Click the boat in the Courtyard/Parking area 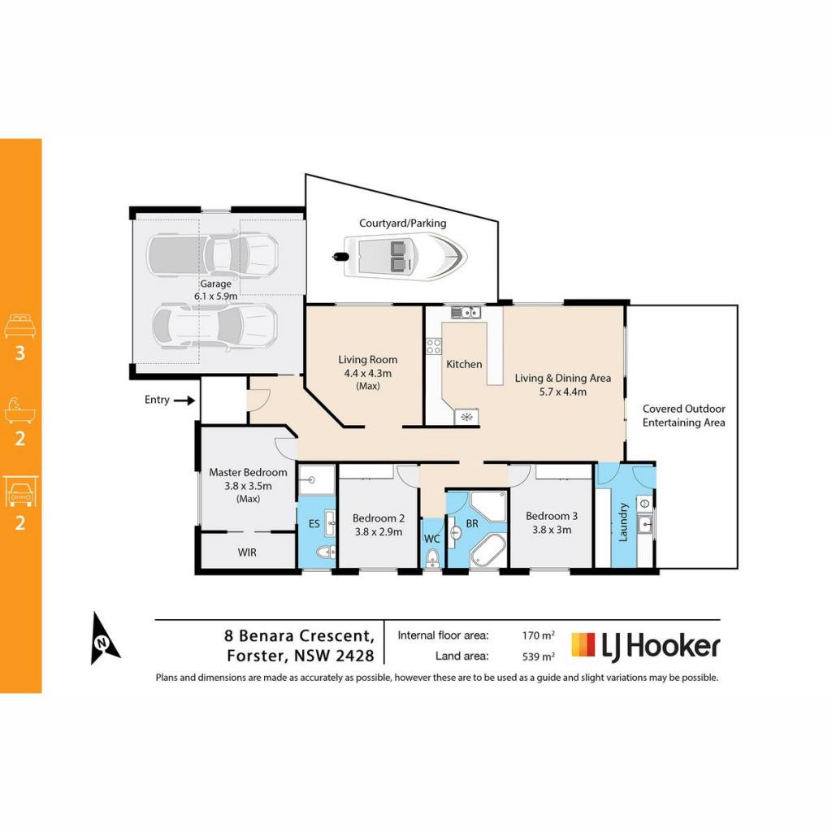pos(400,257)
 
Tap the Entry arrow pos(184,401)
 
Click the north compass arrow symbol pos(104,639)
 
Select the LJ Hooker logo pos(645,646)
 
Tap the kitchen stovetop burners pos(434,346)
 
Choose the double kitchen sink pos(466,313)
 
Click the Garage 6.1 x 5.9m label pos(215,290)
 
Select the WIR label pos(247,552)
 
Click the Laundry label pos(623,522)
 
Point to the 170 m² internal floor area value pos(538,635)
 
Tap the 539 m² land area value pos(538,656)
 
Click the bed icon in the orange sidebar pos(20,326)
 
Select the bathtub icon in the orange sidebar pos(20,409)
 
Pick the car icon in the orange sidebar pos(20,492)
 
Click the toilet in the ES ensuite pos(325,552)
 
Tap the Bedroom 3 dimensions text pos(552,530)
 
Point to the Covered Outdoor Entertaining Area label pos(683,415)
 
